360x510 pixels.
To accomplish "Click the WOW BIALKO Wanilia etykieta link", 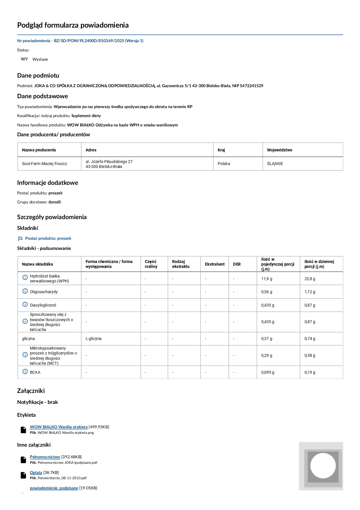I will click(x=59, y=427).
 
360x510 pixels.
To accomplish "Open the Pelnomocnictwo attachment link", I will click(x=45, y=457).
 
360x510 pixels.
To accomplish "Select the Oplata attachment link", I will click(x=36, y=473).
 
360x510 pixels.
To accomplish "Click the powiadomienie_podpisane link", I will click(x=54, y=488).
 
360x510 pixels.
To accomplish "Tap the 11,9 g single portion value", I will click(x=267, y=279).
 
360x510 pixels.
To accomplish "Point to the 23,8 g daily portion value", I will click(x=310, y=279).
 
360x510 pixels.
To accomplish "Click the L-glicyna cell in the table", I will click(x=93, y=339).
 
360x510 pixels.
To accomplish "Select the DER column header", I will click(x=237, y=264).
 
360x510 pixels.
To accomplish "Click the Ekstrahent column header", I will click(x=215, y=264).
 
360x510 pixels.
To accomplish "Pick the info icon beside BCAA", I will click(x=25, y=372).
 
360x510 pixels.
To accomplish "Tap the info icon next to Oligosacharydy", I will click(x=25, y=291).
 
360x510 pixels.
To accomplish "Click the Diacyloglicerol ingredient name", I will click(x=43, y=305).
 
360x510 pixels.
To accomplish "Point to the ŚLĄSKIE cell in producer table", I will click(x=275, y=164).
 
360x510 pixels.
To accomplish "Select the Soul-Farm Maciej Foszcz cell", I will click(x=44, y=164).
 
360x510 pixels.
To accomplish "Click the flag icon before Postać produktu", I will click(x=20, y=239).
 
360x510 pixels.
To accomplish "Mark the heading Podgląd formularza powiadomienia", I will click(x=73, y=25).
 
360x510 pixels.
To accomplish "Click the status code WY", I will click(x=24, y=59).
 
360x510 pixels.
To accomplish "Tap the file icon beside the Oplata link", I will click(x=24, y=475).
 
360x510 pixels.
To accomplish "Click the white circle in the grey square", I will click(x=323, y=466).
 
